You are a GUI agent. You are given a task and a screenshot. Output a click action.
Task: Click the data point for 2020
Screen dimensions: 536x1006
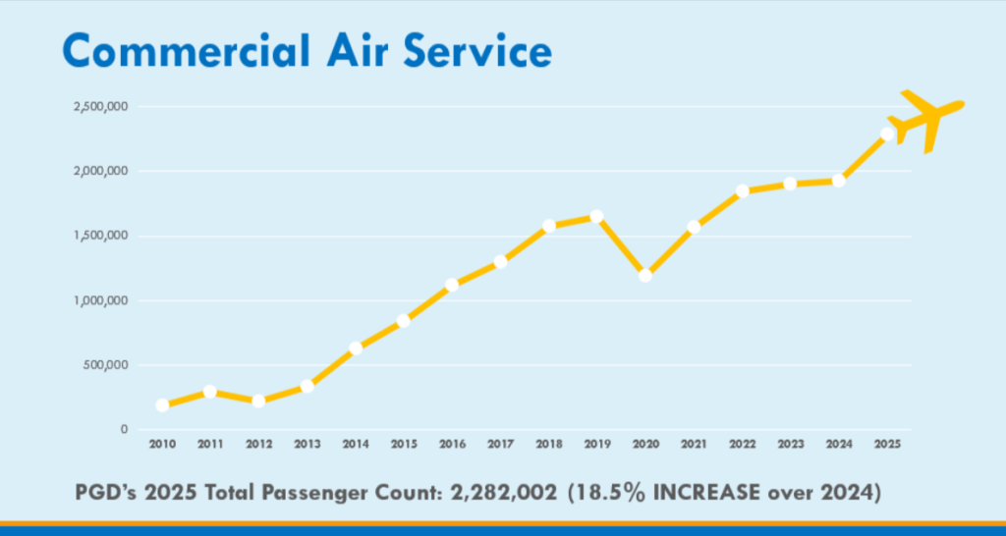(x=645, y=275)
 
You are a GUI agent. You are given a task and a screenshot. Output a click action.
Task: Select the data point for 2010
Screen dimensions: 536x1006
(x=162, y=404)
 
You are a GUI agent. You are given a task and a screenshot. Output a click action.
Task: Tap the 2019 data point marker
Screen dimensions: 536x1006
(x=596, y=216)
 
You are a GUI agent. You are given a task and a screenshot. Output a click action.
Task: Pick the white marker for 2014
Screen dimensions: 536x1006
(x=356, y=348)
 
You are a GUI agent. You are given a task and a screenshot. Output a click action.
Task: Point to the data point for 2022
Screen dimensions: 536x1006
(x=742, y=190)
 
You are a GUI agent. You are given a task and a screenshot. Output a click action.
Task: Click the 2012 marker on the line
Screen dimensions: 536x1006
(x=258, y=401)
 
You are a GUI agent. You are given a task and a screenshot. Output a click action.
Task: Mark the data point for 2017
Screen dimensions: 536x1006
(x=501, y=261)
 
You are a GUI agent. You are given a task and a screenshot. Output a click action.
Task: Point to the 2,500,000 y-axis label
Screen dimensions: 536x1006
(x=101, y=106)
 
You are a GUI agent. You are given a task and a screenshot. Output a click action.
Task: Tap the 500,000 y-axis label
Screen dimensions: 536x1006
(x=107, y=365)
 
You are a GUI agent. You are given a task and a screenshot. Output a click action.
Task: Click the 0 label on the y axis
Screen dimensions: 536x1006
(x=124, y=430)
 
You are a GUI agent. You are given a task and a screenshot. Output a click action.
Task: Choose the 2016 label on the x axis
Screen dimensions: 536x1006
(x=452, y=445)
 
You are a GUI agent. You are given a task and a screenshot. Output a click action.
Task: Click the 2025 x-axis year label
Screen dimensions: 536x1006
(x=887, y=445)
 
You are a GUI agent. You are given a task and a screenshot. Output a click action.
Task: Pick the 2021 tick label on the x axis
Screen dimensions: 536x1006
(x=694, y=445)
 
